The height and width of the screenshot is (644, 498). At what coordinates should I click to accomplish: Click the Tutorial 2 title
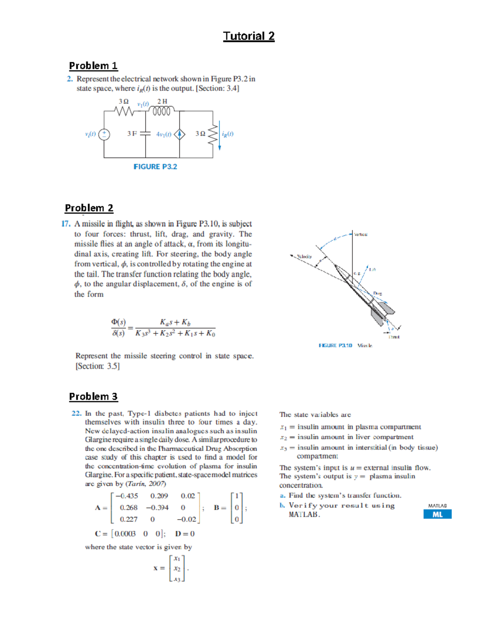click(249, 36)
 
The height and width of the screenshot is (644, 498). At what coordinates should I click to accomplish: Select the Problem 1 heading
click(93, 66)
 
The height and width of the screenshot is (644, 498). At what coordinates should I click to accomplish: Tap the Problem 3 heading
click(93, 396)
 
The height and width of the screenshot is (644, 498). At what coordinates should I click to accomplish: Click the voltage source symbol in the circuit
click(104, 134)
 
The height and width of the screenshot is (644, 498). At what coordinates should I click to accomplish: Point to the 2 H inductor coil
click(161, 111)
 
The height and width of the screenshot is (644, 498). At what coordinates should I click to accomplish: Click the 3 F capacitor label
click(132, 134)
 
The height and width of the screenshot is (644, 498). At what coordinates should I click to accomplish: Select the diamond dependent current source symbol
click(179, 134)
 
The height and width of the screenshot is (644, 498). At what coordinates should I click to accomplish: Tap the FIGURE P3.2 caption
click(155, 167)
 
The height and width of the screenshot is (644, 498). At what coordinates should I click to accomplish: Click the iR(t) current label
click(227, 134)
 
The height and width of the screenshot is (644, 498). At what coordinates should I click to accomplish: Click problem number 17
click(66, 224)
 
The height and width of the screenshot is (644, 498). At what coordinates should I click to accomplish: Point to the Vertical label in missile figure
click(360, 234)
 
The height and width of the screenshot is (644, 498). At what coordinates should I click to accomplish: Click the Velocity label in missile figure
click(304, 257)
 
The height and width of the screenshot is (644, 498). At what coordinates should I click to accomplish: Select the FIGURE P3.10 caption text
click(335, 345)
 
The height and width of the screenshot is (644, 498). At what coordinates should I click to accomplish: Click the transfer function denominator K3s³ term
click(143, 334)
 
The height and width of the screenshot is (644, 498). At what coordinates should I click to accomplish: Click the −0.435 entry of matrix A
click(127, 496)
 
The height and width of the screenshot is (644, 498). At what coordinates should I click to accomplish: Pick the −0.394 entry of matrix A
click(157, 508)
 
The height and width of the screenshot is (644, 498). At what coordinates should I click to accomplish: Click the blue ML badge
click(437, 515)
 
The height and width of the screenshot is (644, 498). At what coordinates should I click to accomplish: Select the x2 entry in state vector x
click(177, 569)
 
